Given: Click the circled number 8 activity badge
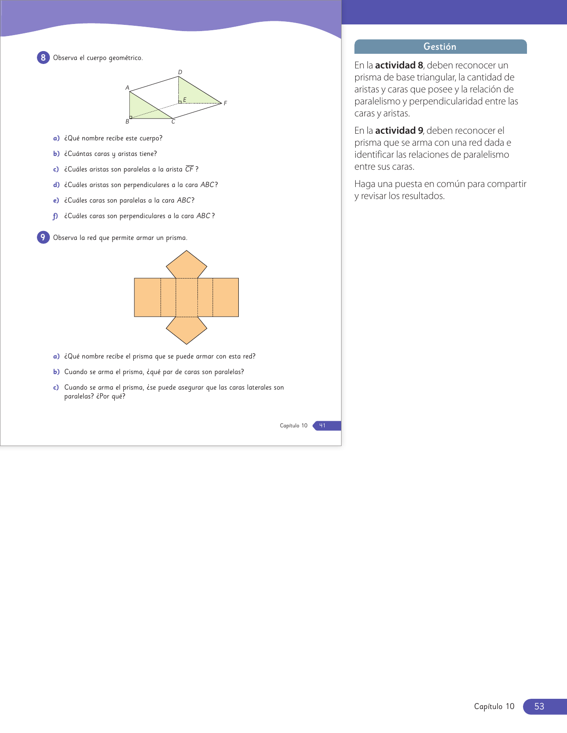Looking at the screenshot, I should [x=43, y=58].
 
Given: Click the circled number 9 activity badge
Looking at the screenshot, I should [x=43, y=237].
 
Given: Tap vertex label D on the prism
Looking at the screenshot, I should [x=180, y=72].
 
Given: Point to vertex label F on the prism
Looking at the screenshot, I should [x=225, y=103].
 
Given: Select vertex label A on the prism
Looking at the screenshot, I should [x=127, y=88].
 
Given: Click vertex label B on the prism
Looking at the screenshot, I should [x=127, y=121].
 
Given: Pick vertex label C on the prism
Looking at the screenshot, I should [x=173, y=122].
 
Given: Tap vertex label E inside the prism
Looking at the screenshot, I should [x=185, y=100].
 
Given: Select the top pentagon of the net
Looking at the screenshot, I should [x=186, y=266].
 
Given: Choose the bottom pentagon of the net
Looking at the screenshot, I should [x=186, y=329].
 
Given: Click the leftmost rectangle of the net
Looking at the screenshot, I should [x=147, y=297].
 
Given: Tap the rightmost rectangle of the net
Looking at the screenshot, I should [x=225, y=297].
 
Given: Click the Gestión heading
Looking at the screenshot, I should [x=440, y=47].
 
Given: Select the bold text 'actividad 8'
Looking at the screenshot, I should [x=399, y=65].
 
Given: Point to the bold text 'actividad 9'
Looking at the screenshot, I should [x=399, y=131].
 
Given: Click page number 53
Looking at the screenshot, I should [x=539, y=706].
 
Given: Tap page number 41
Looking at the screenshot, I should [x=322, y=426].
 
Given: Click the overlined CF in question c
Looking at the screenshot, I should [x=189, y=169].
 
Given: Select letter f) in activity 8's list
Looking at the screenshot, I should [x=56, y=216].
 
